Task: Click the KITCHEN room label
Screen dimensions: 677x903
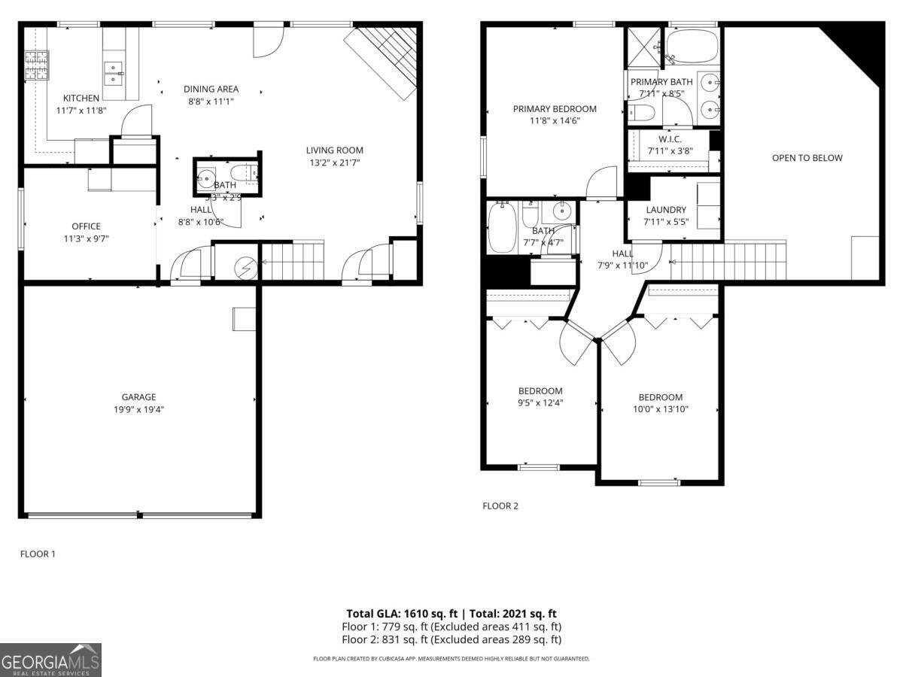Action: [81, 99]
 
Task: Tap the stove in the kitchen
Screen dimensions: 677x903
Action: [35, 65]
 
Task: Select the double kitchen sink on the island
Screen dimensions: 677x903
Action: [114, 72]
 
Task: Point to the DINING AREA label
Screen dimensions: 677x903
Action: [211, 89]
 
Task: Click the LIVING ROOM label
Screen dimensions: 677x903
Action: [334, 150]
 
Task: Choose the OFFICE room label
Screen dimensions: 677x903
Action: [86, 226]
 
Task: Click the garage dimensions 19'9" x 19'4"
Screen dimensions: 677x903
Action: [138, 410]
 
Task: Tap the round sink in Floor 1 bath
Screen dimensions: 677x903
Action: [205, 180]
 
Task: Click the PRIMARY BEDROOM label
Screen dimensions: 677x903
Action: [555, 109]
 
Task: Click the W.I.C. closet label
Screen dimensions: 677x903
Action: [670, 139]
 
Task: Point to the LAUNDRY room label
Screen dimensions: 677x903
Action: [665, 210]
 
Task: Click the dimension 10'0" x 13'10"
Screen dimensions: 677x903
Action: [661, 409]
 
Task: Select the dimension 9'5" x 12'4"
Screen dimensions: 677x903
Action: [540, 402]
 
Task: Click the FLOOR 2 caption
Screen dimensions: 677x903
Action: [500, 506]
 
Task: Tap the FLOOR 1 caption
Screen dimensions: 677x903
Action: [38, 554]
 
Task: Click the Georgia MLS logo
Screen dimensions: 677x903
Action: [50, 660]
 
